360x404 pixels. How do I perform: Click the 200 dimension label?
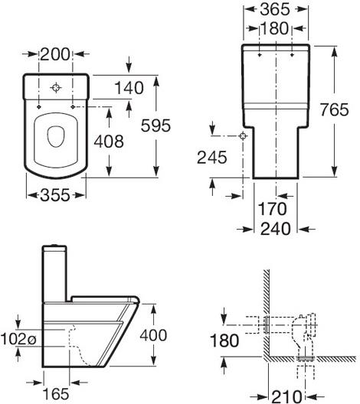[x=55, y=54]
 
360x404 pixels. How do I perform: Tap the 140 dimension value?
[x=129, y=88]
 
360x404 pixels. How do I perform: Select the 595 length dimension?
[x=155, y=125]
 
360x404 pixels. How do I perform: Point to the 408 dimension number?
[x=109, y=142]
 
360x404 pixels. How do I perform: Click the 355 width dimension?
[x=55, y=195]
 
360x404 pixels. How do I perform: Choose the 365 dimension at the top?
[x=275, y=9]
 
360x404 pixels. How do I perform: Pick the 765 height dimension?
[x=335, y=109]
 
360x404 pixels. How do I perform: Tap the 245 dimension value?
[x=212, y=158]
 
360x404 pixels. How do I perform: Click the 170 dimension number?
[x=273, y=209]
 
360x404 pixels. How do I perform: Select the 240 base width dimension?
[x=276, y=229]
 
